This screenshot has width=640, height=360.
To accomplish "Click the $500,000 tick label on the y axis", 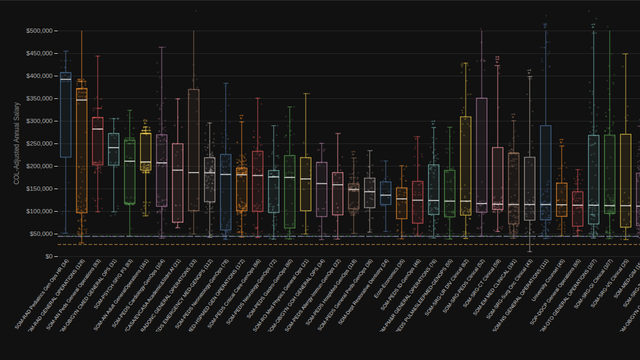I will (x=37, y=31).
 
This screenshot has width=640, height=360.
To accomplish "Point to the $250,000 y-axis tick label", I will (x=37, y=143).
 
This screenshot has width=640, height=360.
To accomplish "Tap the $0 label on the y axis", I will (x=48, y=256).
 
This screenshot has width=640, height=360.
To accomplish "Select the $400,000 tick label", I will (x=37, y=76).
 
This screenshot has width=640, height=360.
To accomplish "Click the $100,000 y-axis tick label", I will (x=37, y=211).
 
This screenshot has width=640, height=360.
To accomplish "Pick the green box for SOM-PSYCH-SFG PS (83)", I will (x=130, y=171).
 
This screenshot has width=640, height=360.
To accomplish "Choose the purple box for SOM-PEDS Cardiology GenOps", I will (x=161, y=170).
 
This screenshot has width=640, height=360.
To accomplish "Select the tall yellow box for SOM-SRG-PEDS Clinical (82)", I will (x=465, y=165).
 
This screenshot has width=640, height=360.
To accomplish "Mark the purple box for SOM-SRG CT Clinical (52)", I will (x=481, y=154).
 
